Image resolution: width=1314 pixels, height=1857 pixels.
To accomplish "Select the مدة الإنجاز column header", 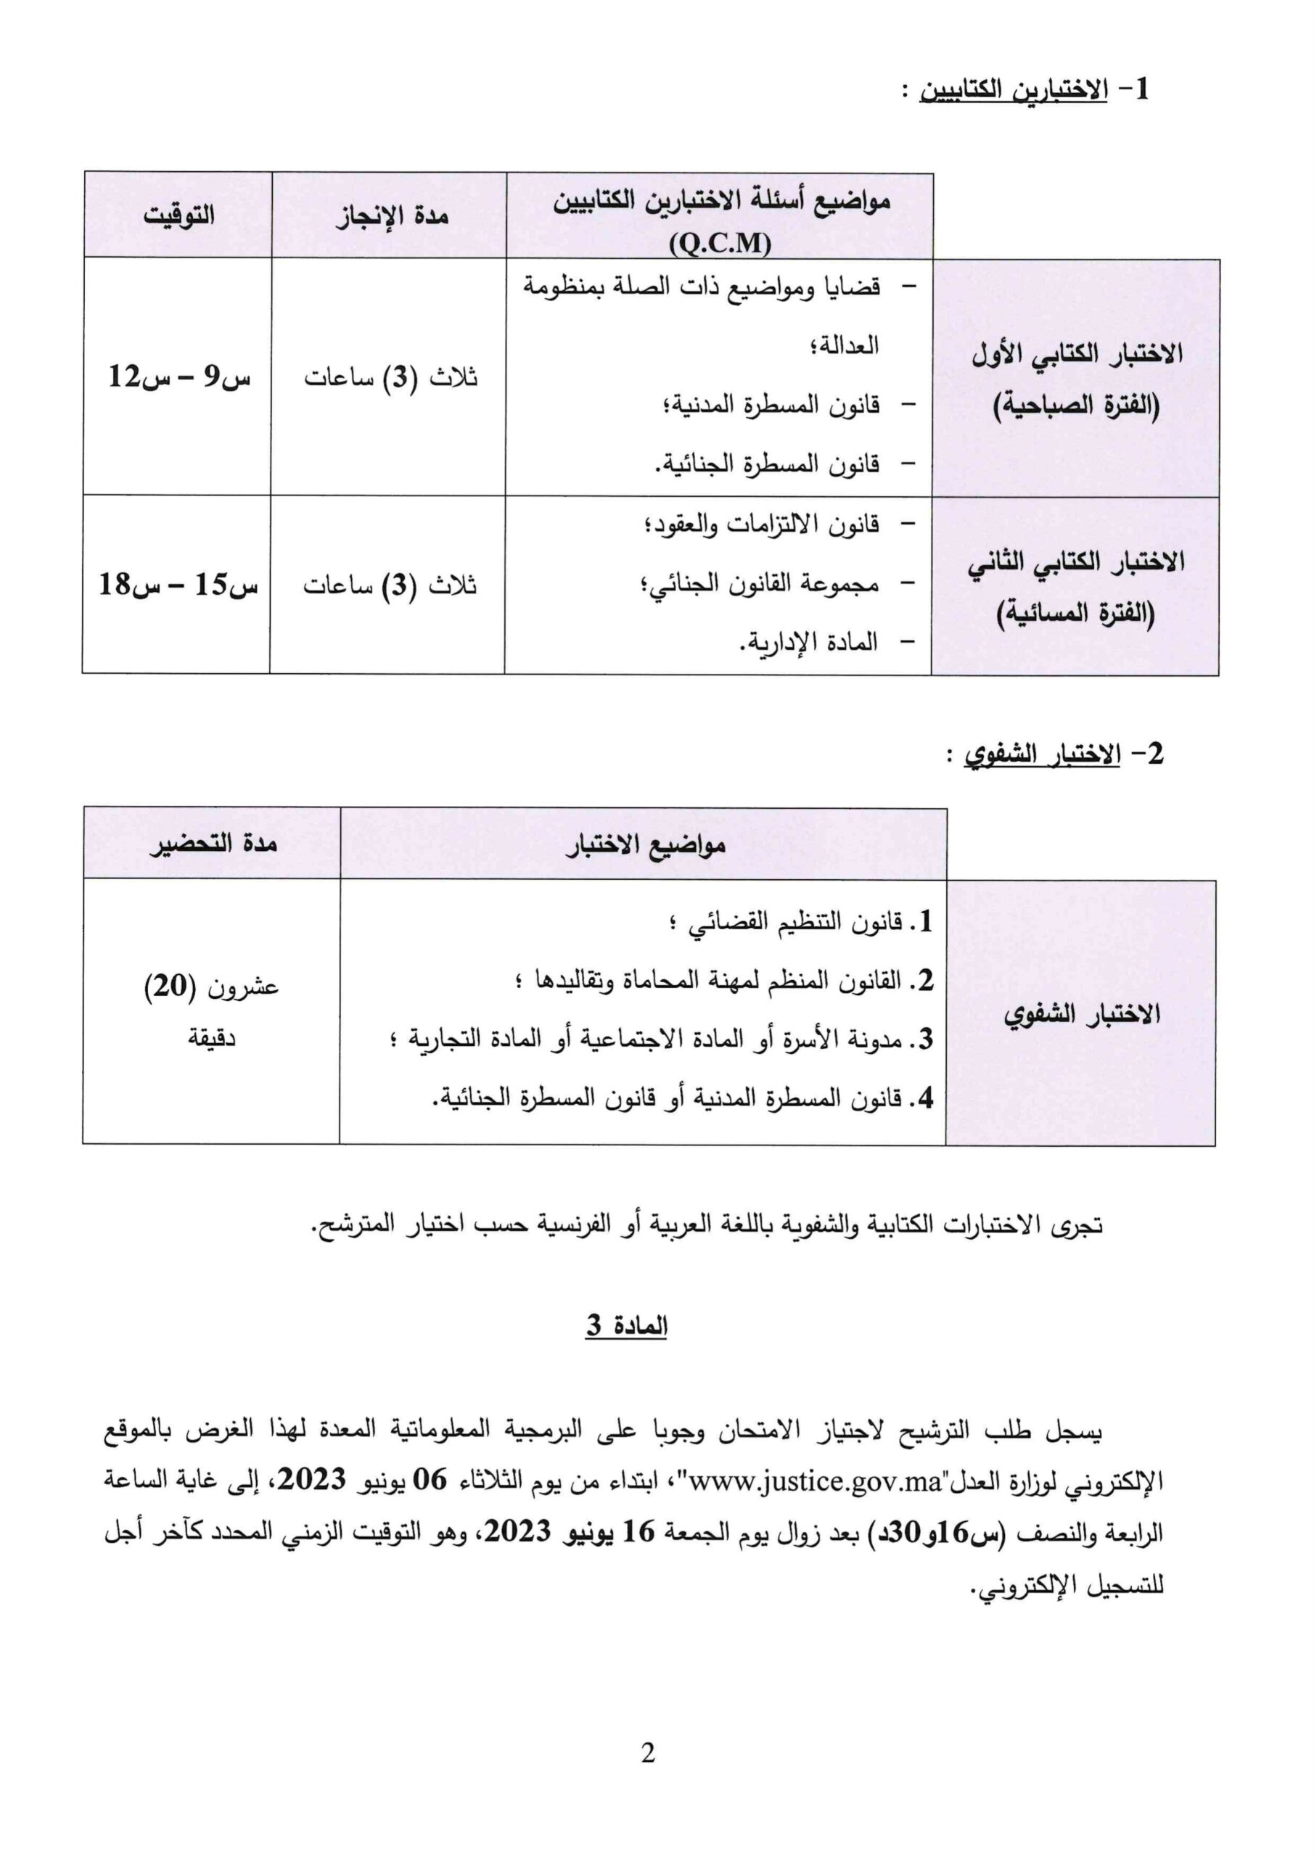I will coord(393,216).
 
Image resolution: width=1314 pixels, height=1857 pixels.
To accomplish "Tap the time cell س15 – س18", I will coord(178,584).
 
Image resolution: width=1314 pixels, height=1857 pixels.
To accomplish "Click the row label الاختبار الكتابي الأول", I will coord(1077,353).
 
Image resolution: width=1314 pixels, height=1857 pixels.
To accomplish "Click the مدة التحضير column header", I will coord(213,843).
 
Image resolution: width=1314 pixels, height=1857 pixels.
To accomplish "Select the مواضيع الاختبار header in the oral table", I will coord(645,845).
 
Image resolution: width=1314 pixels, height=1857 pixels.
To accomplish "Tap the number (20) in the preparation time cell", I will coord(171,986).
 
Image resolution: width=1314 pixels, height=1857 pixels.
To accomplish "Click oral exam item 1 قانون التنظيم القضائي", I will coord(801,921).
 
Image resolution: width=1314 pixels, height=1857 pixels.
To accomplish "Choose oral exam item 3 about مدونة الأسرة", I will coord(663,1039).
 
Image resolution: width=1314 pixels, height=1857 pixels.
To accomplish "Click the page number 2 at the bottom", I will coord(647,1753).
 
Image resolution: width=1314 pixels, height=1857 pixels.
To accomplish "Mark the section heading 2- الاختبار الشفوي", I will coord(1061,754).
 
